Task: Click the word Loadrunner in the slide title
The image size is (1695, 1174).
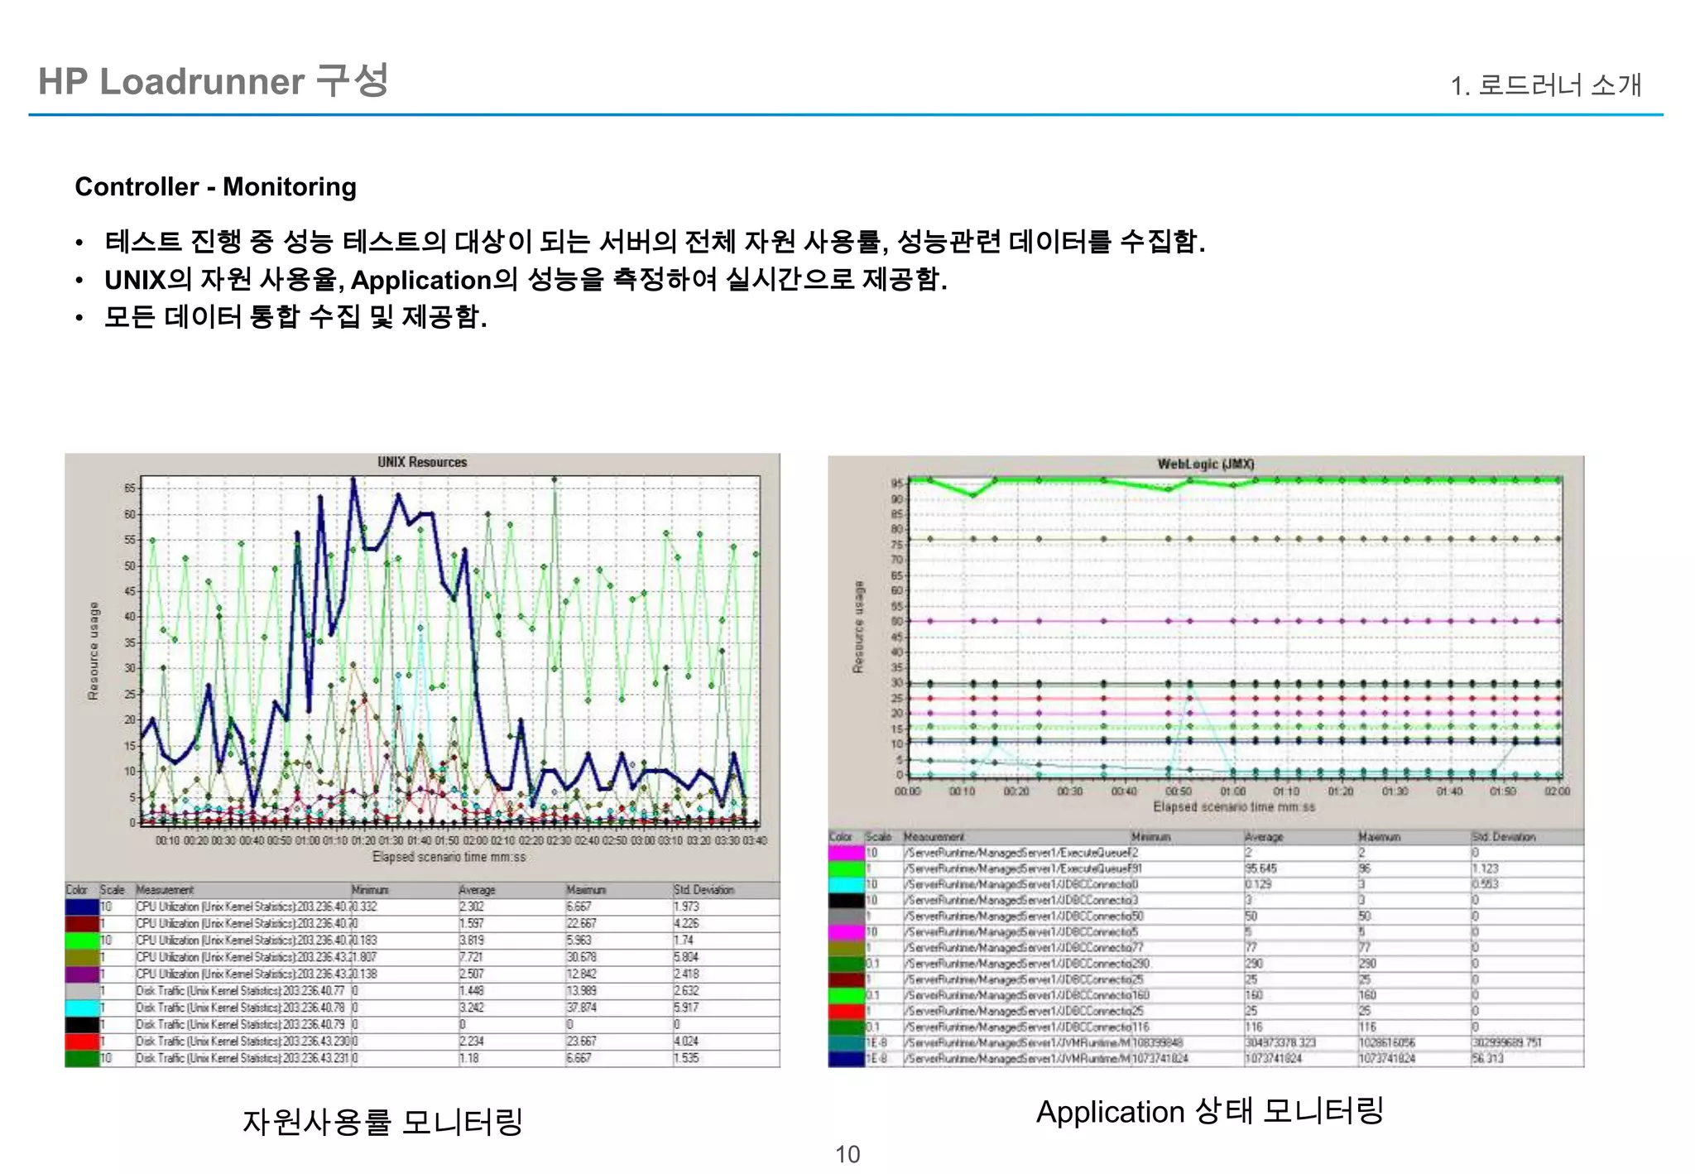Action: coord(202,82)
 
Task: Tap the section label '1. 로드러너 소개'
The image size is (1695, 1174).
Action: coord(1545,85)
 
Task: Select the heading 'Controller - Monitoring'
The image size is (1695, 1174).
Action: coord(215,187)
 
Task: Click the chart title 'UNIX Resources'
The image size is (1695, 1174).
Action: coord(422,462)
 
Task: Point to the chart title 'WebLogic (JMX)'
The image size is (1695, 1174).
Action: coord(1205,464)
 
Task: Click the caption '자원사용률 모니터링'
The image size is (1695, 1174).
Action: coord(382,1122)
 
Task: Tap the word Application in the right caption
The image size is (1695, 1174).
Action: coord(1110,1112)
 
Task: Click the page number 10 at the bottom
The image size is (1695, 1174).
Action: coord(847,1154)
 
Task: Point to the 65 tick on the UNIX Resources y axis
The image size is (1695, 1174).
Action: coord(130,488)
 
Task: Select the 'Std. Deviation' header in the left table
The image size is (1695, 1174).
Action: coord(703,890)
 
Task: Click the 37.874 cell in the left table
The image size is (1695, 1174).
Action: coord(581,1008)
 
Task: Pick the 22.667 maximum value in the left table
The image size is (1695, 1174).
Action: coord(581,923)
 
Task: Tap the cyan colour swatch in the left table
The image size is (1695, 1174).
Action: coord(82,1008)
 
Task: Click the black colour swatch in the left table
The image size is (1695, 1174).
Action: coord(82,1025)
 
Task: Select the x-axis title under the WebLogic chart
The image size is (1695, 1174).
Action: coord(1233,806)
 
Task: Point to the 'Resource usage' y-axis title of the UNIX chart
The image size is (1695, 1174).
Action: coord(94,651)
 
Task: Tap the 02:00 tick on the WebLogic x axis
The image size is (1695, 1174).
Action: coord(1557,791)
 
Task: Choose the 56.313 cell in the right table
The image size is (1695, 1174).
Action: coord(1486,1058)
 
